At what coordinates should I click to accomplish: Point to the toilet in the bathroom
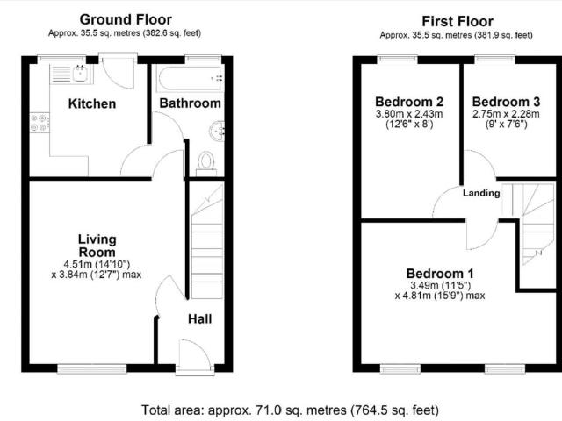[205, 161]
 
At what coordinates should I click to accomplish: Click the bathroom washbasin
[216, 130]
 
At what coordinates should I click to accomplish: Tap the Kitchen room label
[92, 103]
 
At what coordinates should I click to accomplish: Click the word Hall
[199, 318]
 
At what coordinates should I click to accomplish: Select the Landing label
[481, 193]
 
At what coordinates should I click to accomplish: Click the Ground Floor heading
[126, 19]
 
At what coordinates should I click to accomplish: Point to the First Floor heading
[458, 21]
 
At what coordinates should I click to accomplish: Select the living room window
[91, 369]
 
